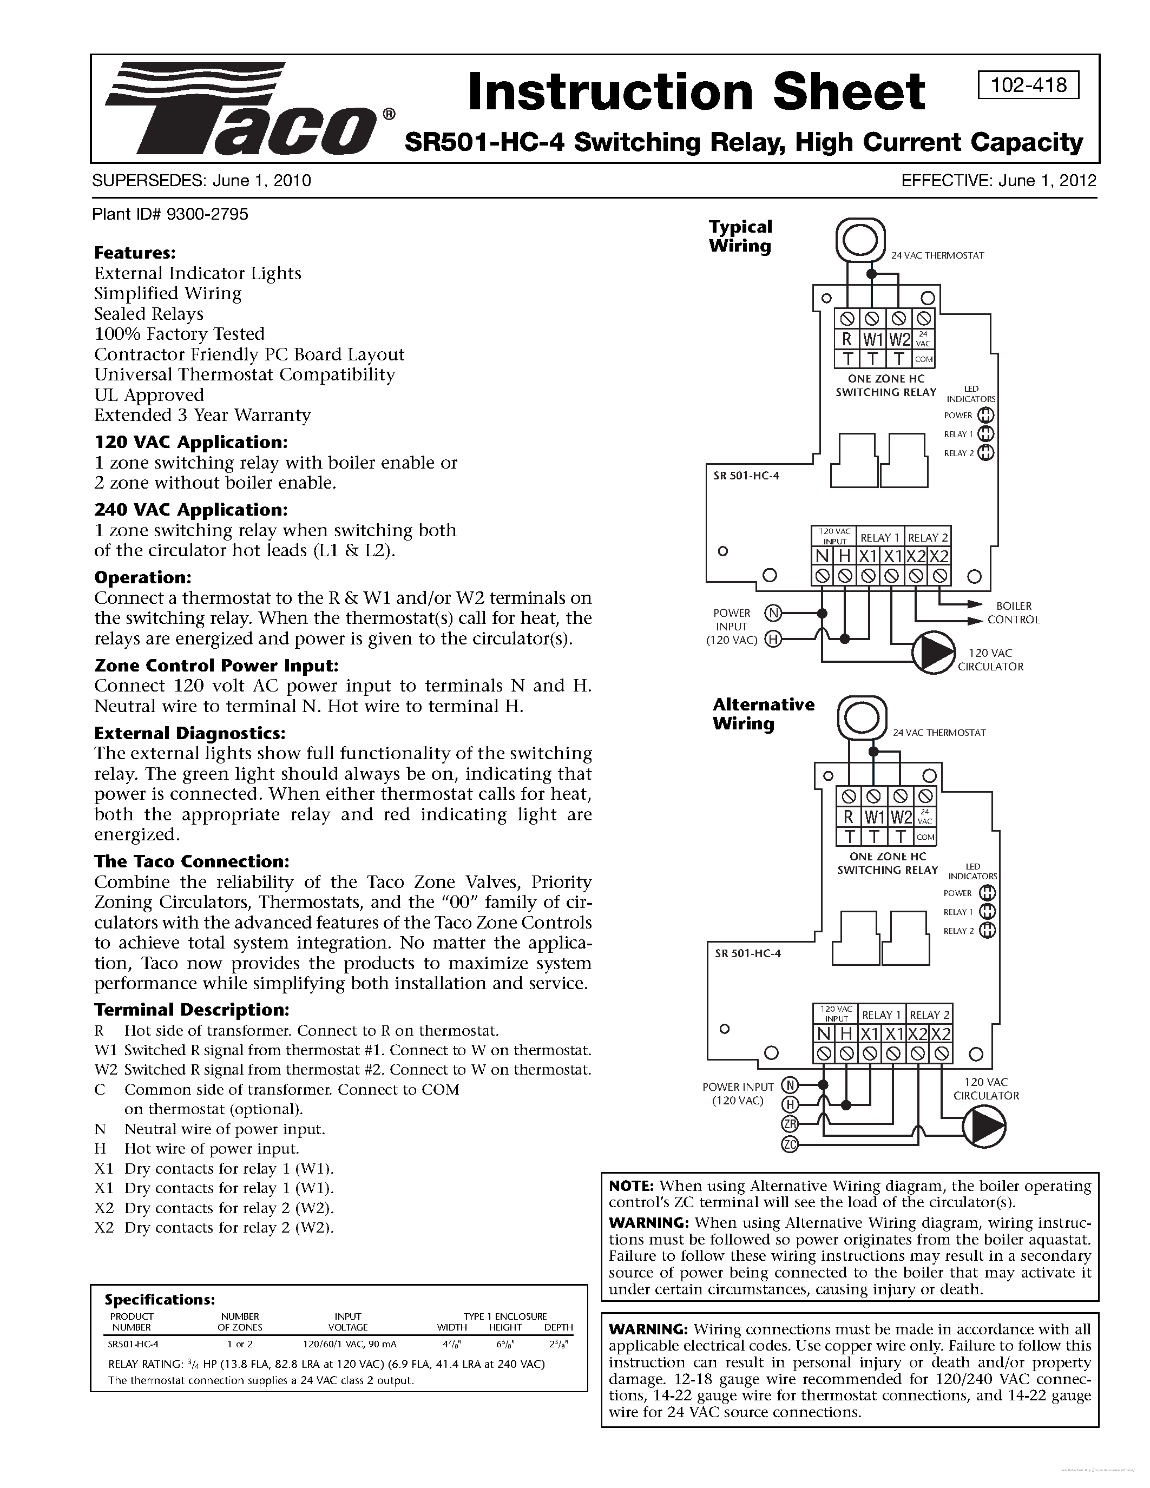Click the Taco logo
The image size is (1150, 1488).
pos(242,109)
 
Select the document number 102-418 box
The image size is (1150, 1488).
pos(1028,85)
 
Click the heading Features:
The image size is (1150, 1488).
pos(135,253)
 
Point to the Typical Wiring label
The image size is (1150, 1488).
pos(740,236)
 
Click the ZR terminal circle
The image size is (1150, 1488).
pos(790,1124)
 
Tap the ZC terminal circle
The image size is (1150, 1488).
pos(790,1144)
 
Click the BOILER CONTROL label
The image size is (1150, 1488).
pos(1014,613)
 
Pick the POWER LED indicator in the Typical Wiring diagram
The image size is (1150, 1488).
pos(986,416)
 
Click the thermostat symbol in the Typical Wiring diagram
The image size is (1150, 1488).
pos(860,240)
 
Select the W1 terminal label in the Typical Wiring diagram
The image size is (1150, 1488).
pos(873,339)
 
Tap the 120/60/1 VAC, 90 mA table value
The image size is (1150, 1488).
pos(350,1344)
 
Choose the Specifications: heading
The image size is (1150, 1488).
pos(160,1299)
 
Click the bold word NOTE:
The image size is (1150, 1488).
pos(632,1186)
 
